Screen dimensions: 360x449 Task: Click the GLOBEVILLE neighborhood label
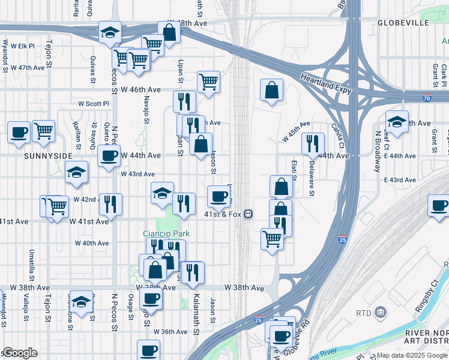(x=403, y=23)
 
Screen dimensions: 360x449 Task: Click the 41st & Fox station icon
(x=247, y=214)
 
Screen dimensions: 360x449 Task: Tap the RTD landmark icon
(x=381, y=313)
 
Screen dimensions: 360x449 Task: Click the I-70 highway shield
(x=426, y=98)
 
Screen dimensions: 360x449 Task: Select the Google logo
(x=19, y=353)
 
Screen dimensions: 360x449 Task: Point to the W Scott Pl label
(x=94, y=103)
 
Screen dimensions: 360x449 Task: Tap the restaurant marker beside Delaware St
(x=313, y=144)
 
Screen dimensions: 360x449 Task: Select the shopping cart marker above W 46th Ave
(x=208, y=82)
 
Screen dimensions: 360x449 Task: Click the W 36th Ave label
(x=170, y=331)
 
